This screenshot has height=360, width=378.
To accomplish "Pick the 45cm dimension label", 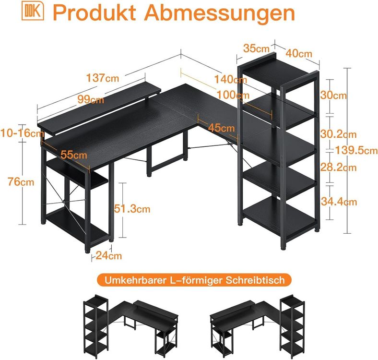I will [221, 128].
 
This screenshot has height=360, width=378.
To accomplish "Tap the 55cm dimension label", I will [74, 155].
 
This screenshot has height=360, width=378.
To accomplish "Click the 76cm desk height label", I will [21, 182].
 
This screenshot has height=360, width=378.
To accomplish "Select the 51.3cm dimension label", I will [132, 208].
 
